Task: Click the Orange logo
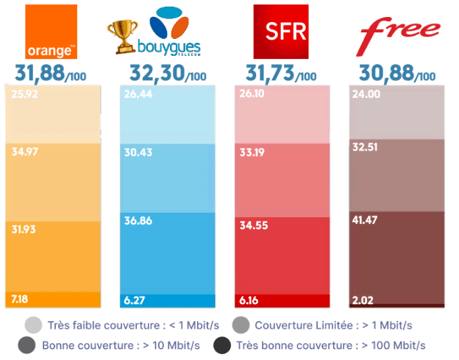(51, 32)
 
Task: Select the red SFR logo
(280, 32)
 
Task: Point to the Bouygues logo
(170, 32)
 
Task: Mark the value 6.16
(250, 300)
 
